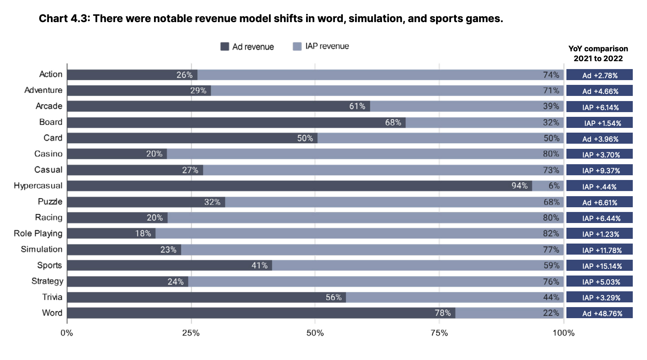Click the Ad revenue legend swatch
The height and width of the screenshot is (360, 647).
point(225,47)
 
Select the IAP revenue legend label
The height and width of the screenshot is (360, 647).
point(327,46)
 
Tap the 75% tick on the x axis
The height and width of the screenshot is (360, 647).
point(439,333)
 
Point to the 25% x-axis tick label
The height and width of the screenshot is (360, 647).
point(191,333)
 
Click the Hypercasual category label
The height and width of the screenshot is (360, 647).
point(38,186)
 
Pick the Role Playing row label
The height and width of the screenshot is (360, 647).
point(38,233)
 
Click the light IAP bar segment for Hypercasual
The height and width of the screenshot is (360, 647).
point(547,186)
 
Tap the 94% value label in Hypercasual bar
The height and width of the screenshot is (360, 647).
point(519,186)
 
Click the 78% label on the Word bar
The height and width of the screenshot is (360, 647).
point(442,313)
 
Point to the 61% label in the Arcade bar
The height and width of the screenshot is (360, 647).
point(357,106)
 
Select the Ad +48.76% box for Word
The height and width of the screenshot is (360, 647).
point(599,313)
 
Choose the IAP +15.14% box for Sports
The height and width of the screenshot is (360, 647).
point(599,266)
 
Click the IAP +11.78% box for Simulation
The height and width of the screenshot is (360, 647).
point(599,250)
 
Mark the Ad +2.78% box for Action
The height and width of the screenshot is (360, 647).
point(599,75)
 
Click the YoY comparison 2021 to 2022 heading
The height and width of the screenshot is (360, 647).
point(598,53)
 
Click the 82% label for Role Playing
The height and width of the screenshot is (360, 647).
point(551,233)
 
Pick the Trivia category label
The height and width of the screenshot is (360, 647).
point(52,297)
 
